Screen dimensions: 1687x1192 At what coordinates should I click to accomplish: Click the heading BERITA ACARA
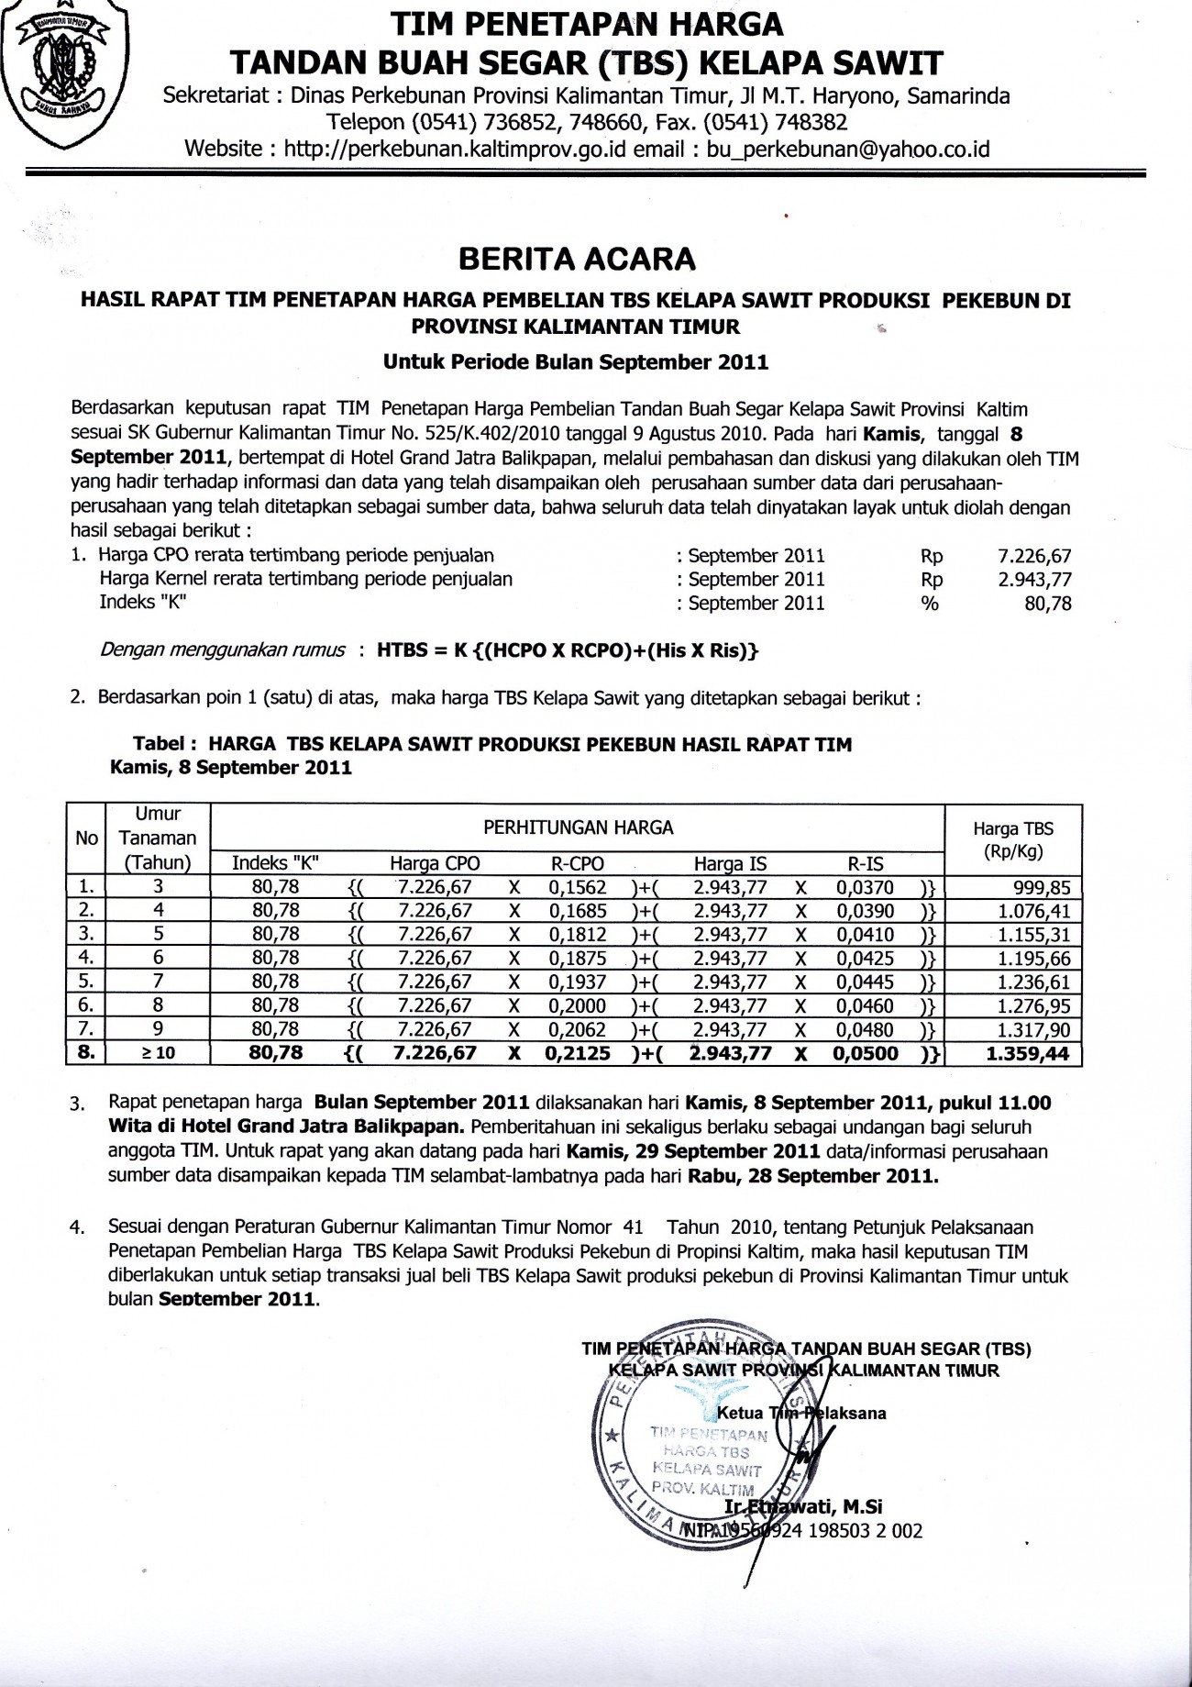click(x=577, y=260)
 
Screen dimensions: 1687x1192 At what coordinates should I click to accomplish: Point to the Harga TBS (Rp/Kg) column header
click(x=1012, y=839)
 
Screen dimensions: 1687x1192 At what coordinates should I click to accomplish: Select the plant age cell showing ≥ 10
click(x=158, y=1054)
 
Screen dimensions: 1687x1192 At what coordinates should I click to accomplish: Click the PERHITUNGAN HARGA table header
click(x=578, y=828)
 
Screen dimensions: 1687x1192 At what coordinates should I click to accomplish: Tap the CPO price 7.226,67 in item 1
click(x=1033, y=556)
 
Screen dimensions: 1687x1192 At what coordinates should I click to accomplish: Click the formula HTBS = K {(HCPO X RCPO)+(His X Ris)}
click(x=568, y=650)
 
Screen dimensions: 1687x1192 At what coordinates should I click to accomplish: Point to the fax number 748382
click(x=810, y=122)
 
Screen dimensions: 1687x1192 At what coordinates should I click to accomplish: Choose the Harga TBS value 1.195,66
click(x=1032, y=959)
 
